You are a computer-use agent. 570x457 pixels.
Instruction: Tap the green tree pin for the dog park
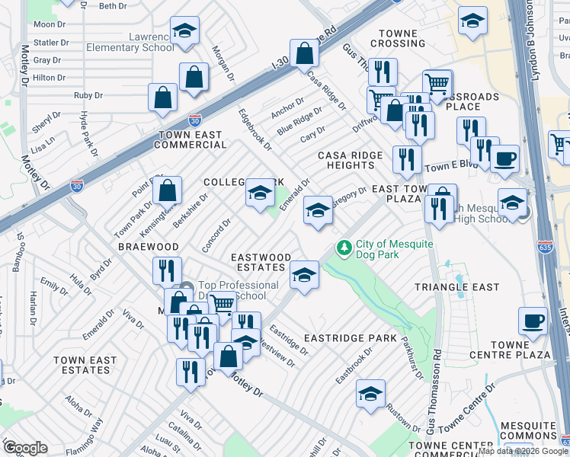point(344,248)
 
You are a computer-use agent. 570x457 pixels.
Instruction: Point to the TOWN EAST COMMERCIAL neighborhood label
point(191,139)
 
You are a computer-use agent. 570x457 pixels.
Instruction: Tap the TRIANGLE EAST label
point(456,287)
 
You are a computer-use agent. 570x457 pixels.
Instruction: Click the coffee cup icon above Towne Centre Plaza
point(533,320)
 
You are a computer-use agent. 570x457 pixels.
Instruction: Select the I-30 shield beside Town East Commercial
point(195,120)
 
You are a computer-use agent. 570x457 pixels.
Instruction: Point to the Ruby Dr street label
point(88,95)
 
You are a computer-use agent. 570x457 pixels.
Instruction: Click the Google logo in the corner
point(24,448)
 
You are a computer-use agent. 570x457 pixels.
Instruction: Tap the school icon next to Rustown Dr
point(370,394)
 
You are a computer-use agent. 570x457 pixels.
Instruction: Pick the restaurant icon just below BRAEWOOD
point(166,270)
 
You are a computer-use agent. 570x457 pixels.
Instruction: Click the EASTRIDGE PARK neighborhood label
point(350,337)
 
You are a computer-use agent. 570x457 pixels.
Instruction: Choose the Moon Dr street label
point(50,24)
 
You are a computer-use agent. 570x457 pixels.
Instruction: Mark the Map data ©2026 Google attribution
point(523,451)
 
